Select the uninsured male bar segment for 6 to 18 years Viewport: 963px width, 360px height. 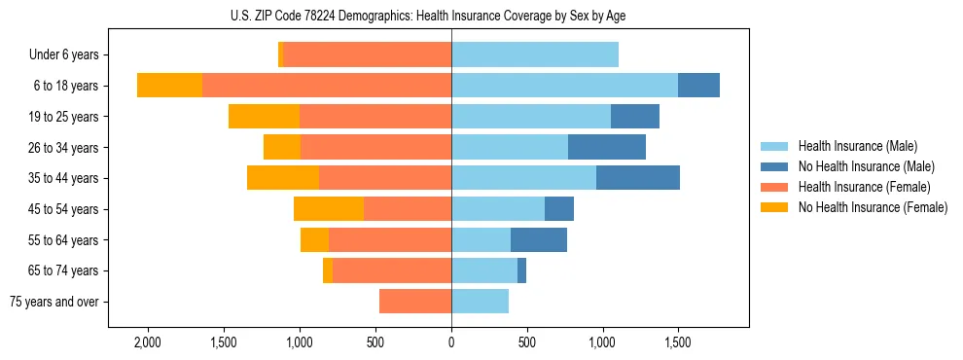click(x=698, y=86)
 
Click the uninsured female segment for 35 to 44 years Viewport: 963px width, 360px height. click(x=283, y=178)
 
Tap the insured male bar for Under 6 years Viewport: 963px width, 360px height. click(x=535, y=54)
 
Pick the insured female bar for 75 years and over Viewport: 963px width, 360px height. click(x=415, y=302)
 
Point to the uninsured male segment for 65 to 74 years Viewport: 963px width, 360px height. click(x=521, y=270)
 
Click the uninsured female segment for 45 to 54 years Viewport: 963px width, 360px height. click(x=329, y=209)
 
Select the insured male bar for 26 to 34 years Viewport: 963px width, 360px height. click(x=510, y=147)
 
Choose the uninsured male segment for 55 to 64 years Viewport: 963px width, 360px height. click(x=539, y=239)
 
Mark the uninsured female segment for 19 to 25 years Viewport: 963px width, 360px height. click(x=264, y=117)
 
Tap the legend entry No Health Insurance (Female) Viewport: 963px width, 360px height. click(x=873, y=207)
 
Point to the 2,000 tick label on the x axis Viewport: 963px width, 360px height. click(x=148, y=343)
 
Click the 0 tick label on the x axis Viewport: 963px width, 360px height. click(x=451, y=343)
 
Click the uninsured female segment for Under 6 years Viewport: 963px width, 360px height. click(x=280, y=54)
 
